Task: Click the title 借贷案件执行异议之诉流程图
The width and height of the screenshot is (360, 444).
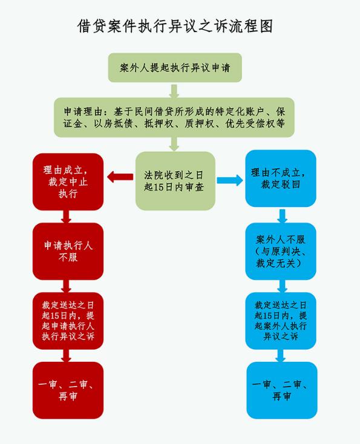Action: (175, 27)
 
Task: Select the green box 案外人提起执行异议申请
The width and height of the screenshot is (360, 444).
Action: (175, 68)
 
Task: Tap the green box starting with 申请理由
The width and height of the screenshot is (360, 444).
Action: (174, 117)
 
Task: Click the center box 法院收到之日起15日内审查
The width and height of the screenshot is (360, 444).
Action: (175, 181)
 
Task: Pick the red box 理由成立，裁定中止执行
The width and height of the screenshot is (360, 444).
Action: (68, 182)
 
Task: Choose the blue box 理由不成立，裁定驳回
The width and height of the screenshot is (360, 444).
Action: (281, 178)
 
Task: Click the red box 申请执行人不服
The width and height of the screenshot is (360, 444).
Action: (68, 251)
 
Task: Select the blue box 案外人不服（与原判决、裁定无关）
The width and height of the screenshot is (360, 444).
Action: (281, 251)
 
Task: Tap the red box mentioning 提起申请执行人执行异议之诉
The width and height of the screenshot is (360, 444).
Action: (68, 321)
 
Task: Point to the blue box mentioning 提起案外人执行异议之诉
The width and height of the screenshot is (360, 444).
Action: (281, 321)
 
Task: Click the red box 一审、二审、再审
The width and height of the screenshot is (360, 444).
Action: (68, 390)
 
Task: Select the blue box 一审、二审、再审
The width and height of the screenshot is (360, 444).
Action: (282, 390)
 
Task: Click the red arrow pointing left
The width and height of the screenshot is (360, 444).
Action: (120, 177)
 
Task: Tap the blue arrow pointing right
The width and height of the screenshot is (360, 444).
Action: (230, 180)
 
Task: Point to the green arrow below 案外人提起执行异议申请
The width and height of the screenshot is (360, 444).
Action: (174, 91)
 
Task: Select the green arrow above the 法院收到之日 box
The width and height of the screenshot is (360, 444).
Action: (174, 144)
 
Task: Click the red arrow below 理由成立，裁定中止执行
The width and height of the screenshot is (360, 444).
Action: (67, 217)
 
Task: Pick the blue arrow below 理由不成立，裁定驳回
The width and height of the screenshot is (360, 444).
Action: (282, 216)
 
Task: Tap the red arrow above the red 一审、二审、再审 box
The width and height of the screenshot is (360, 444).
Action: (67, 356)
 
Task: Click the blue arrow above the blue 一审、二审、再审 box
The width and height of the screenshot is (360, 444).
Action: (280, 356)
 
